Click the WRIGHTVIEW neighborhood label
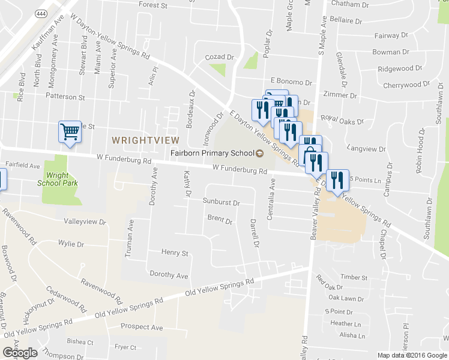tap(145, 140)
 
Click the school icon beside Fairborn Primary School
tap(259, 154)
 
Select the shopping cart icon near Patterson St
tap(70, 131)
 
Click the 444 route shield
tap(40, 13)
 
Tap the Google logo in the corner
tap(20, 353)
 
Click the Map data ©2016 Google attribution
tap(412, 355)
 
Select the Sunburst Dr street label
tap(221, 203)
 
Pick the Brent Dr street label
tap(219, 220)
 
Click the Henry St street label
tap(175, 253)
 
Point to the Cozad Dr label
tap(219, 57)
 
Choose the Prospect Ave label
tap(142, 328)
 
